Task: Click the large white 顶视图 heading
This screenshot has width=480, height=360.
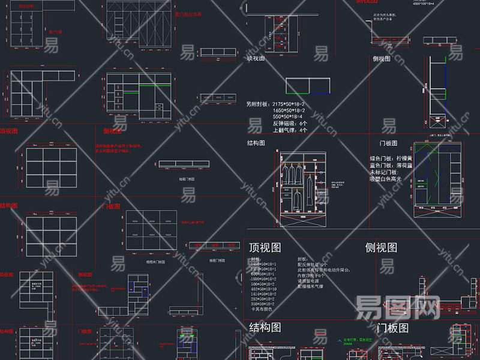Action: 264,248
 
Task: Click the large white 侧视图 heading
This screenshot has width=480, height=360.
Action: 381,248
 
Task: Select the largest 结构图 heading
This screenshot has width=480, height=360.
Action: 265,328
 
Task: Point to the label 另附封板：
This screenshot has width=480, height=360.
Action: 258,103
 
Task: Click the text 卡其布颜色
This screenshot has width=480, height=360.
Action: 263,309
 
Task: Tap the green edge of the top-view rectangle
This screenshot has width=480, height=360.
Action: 298,94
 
